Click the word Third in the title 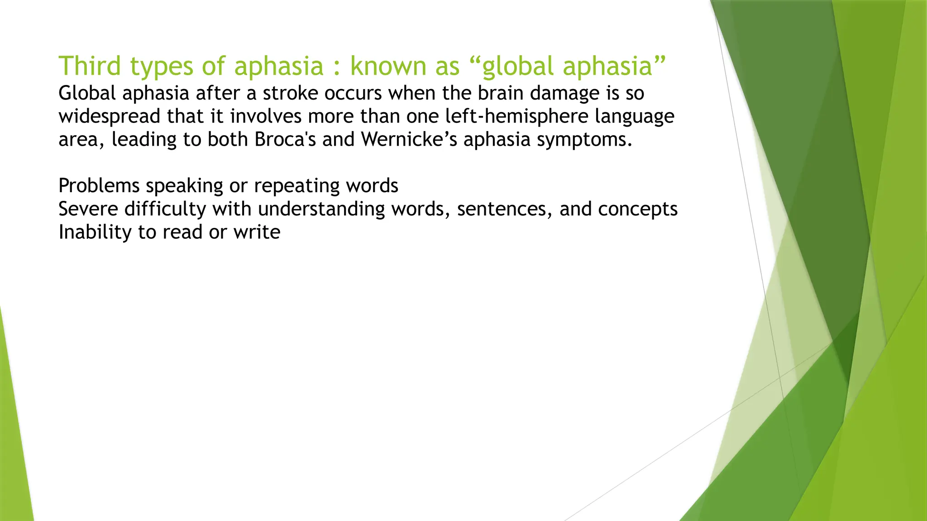pyautogui.click(x=90, y=66)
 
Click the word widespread pyautogui.click(x=109, y=117)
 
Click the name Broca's pyautogui.click(x=285, y=139)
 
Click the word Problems pyautogui.click(x=99, y=186)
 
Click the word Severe pyautogui.click(x=88, y=209)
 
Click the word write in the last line pyautogui.click(x=257, y=232)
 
